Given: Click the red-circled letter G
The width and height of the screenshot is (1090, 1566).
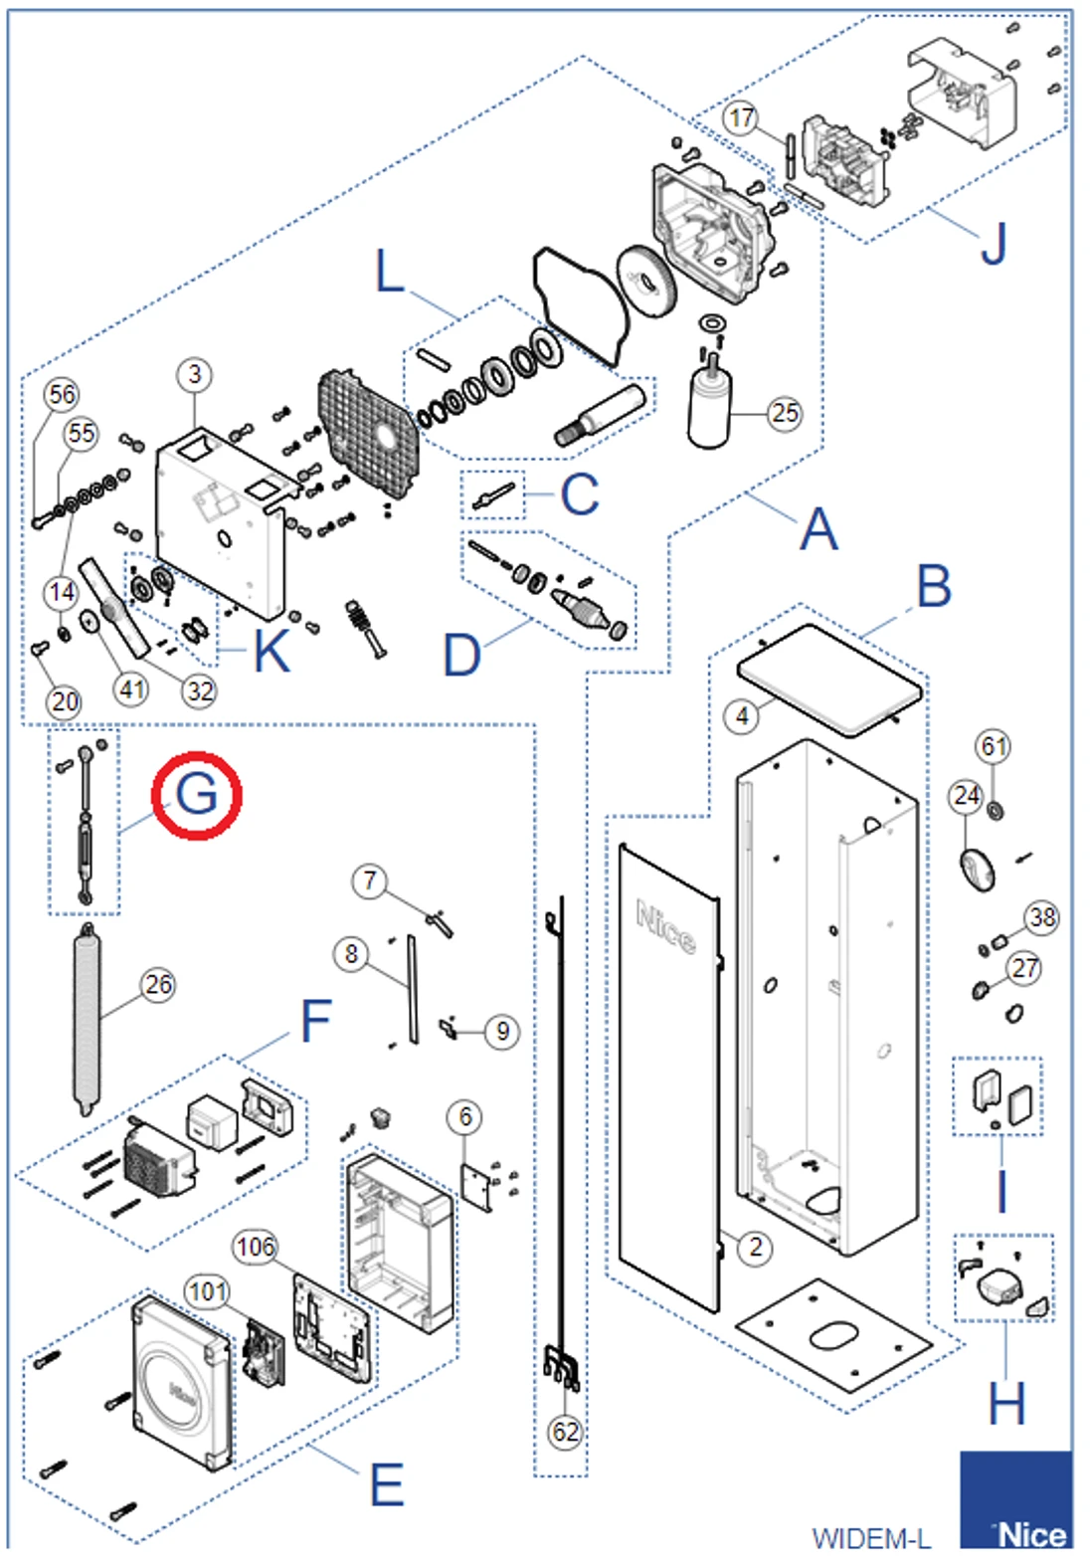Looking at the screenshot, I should (x=196, y=795).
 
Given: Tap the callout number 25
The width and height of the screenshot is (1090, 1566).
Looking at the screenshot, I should (x=785, y=413).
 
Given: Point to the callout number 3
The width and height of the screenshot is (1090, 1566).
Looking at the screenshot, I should (x=194, y=375).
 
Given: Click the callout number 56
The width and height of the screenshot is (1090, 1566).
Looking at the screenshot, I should (x=62, y=394).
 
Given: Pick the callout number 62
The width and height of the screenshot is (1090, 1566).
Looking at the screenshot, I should (x=565, y=1432).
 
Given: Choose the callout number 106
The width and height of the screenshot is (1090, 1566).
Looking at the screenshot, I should (x=255, y=1247).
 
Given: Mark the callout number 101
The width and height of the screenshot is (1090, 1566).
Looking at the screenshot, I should (x=207, y=1291).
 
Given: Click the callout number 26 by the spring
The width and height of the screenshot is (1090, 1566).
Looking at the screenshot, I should (x=158, y=985).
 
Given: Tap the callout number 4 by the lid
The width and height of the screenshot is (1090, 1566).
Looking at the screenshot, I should (x=741, y=715).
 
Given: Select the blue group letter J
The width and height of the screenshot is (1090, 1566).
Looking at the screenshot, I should (x=994, y=243).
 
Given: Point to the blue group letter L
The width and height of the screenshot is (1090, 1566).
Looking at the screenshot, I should (x=390, y=271).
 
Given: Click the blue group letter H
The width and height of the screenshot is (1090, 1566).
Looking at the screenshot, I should (x=1005, y=1404).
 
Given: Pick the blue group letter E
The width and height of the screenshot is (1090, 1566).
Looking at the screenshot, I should (x=387, y=1485).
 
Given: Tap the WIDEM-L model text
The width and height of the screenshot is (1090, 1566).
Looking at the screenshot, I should (x=871, y=1539).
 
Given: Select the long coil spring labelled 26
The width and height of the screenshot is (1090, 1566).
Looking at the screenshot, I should (x=87, y=1020).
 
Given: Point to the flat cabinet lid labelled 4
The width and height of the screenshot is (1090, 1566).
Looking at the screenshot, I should (x=829, y=679).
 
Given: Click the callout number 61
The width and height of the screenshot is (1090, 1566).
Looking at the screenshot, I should (x=994, y=746).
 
